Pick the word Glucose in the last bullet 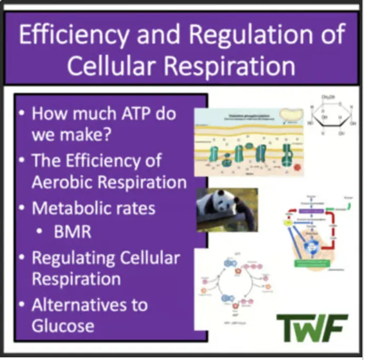[x=63, y=325]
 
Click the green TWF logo [x=312, y=327]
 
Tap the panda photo [x=227, y=210]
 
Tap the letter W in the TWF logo [x=312, y=327]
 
